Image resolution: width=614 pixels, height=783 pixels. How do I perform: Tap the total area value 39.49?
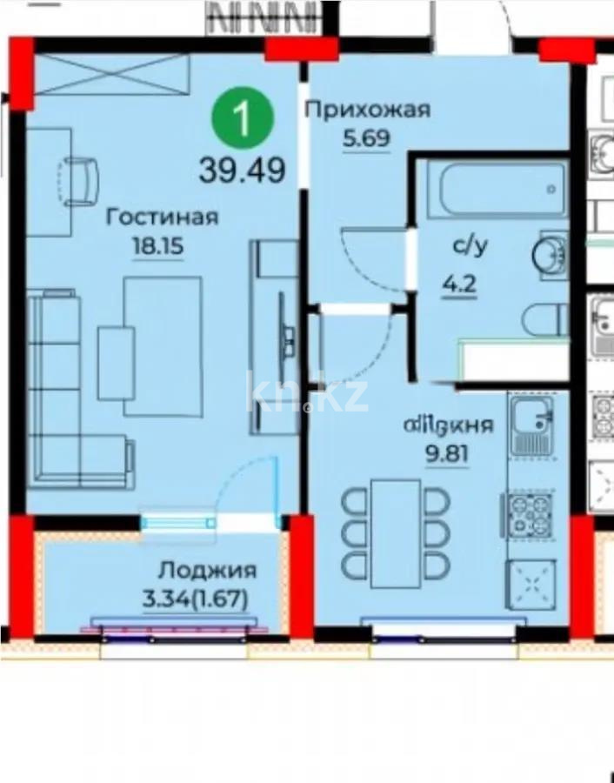point(243,169)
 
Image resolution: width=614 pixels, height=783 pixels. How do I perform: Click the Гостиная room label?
point(161,217)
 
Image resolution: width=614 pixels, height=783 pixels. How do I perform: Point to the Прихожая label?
point(367,110)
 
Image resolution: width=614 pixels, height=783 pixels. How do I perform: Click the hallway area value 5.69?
point(368,137)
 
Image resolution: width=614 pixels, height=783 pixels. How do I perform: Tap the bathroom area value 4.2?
point(464,284)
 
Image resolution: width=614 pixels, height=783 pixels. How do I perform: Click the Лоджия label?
point(207,571)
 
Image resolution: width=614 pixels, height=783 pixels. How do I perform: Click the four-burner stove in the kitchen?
point(528,515)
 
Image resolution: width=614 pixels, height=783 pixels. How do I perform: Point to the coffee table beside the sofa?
point(117,362)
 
